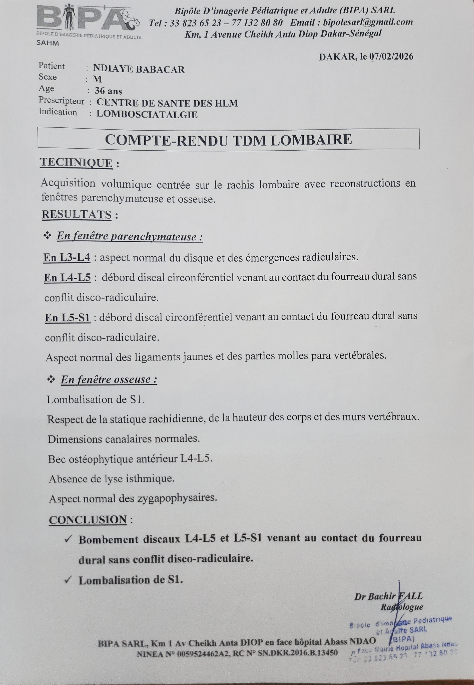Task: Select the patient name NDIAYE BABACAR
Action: click(139, 69)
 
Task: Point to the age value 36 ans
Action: click(108, 91)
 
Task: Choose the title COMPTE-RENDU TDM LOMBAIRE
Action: click(228, 139)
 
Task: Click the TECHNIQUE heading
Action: click(76, 163)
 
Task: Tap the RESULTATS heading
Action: click(77, 215)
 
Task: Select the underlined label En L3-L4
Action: click(67, 257)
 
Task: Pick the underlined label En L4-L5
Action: click(67, 277)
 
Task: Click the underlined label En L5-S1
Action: click(67, 317)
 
